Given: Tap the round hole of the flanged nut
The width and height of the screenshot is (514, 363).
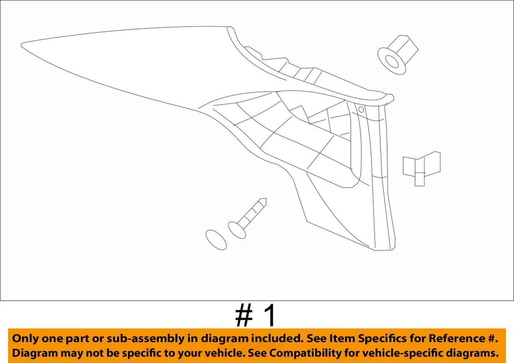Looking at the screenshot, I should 392,61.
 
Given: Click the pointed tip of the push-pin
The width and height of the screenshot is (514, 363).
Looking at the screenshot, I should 263,202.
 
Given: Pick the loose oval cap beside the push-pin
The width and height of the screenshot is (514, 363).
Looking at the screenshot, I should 216,239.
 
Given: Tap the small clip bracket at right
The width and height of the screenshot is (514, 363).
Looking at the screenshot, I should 421,167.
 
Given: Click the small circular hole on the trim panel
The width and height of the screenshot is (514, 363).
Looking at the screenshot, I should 361,109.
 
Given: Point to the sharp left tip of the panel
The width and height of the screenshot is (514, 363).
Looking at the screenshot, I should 22,43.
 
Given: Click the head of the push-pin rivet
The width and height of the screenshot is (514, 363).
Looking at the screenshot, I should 236,229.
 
